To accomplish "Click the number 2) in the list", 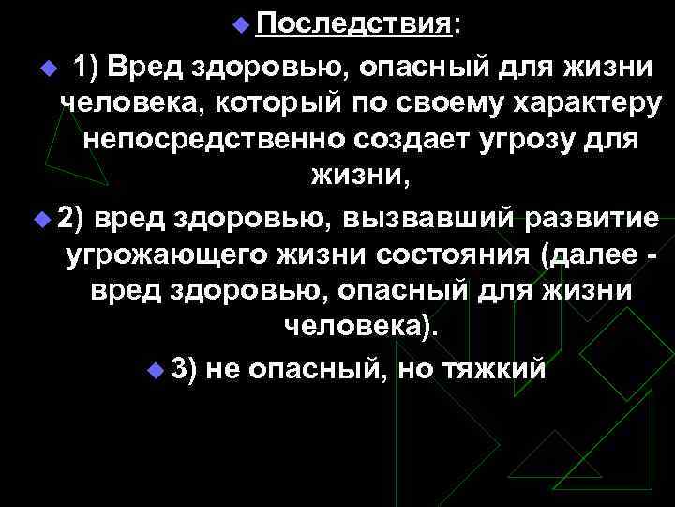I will click(71, 218).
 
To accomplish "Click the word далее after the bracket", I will click(589, 255).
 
